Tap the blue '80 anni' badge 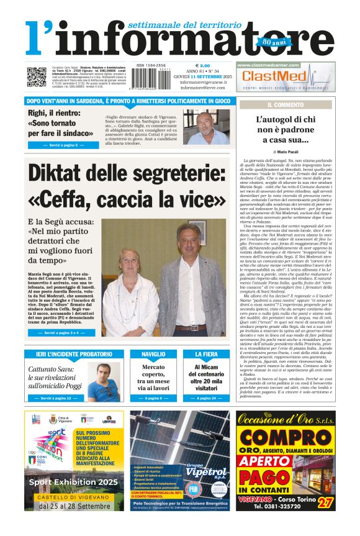[266, 42]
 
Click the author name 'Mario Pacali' [288, 151]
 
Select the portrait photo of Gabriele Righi [206, 127]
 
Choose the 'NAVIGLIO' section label [153, 354]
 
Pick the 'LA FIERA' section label [206, 354]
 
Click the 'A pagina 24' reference [206, 397]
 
